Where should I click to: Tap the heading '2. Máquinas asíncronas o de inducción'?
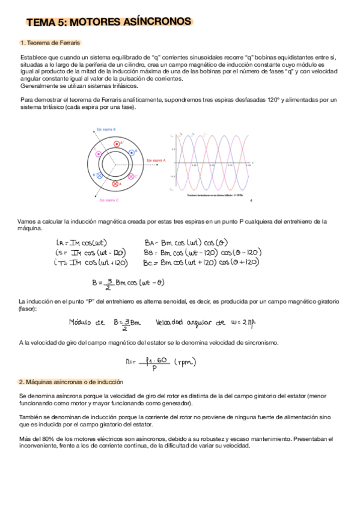71,382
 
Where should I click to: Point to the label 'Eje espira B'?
106,129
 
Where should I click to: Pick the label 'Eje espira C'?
109,200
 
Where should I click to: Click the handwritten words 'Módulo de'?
87,323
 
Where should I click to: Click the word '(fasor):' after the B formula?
28,309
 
